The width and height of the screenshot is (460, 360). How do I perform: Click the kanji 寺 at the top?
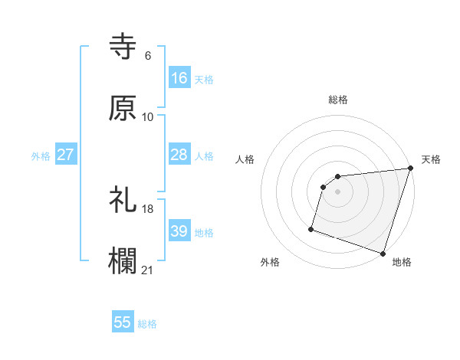pyautogui.click(x=123, y=47)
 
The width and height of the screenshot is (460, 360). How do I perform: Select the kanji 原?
pyautogui.click(x=123, y=108)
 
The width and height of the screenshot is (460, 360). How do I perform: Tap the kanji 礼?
pyautogui.click(x=123, y=201)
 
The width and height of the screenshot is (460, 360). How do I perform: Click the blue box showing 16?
pyautogui.click(x=179, y=78)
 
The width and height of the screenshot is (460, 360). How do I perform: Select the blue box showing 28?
pyautogui.click(x=179, y=155)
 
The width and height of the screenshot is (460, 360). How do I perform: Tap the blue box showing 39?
pyautogui.click(x=179, y=231)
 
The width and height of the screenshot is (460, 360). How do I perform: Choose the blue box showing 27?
pyautogui.click(x=66, y=155)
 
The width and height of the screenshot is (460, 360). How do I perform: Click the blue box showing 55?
pyautogui.click(x=123, y=322)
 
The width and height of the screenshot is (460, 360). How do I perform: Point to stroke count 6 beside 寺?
pyautogui.click(x=147, y=55)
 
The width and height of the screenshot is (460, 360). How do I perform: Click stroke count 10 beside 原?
pyautogui.click(x=148, y=116)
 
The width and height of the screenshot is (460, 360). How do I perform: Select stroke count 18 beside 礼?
pyautogui.click(x=148, y=208)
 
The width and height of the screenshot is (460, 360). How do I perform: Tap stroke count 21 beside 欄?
pyautogui.click(x=148, y=270)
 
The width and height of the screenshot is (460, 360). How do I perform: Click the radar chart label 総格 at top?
pyautogui.click(x=338, y=100)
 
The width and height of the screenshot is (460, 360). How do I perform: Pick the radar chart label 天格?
pyautogui.click(x=431, y=159)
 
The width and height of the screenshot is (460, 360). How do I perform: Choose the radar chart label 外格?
pyautogui.click(x=270, y=262)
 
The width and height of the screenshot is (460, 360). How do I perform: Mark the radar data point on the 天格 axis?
pyautogui.click(x=410, y=169)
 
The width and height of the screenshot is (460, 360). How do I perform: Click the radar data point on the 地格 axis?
pyautogui.click(x=383, y=253)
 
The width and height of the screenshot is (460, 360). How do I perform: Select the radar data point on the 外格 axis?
pyautogui.click(x=311, y=228)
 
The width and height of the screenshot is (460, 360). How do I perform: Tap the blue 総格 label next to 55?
pyautogui.click(x=147, y=324)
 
